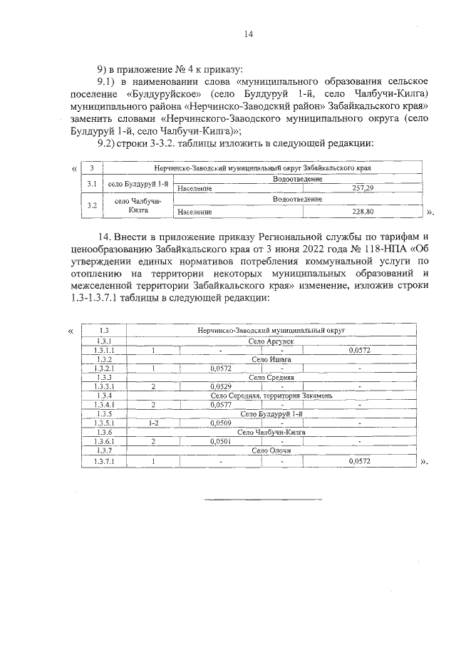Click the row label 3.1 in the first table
pyautogui.click(x=91, y=184)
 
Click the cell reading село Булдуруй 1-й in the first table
pyautogui.click(x=138, y=184)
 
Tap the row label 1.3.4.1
pyautogui.click(x=104, y=405)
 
